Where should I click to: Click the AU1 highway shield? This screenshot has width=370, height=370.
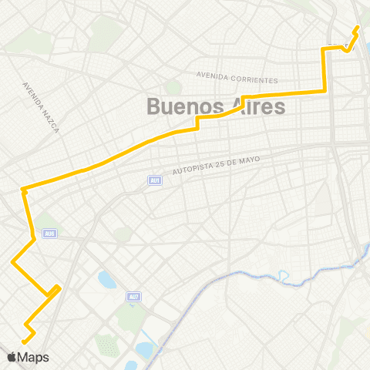point(155,180)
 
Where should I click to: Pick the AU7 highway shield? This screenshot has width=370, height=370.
point(133,296)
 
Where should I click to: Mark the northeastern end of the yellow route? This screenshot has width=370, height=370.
point(357,28)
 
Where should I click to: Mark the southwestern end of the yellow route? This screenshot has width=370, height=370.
point(24,341)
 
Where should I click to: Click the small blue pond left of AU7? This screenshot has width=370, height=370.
point(106,279)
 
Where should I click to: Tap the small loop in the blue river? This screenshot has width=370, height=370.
point(284,274)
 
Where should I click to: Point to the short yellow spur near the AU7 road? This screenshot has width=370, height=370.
point(55,290)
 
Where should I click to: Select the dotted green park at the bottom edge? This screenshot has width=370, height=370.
point(109,347)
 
